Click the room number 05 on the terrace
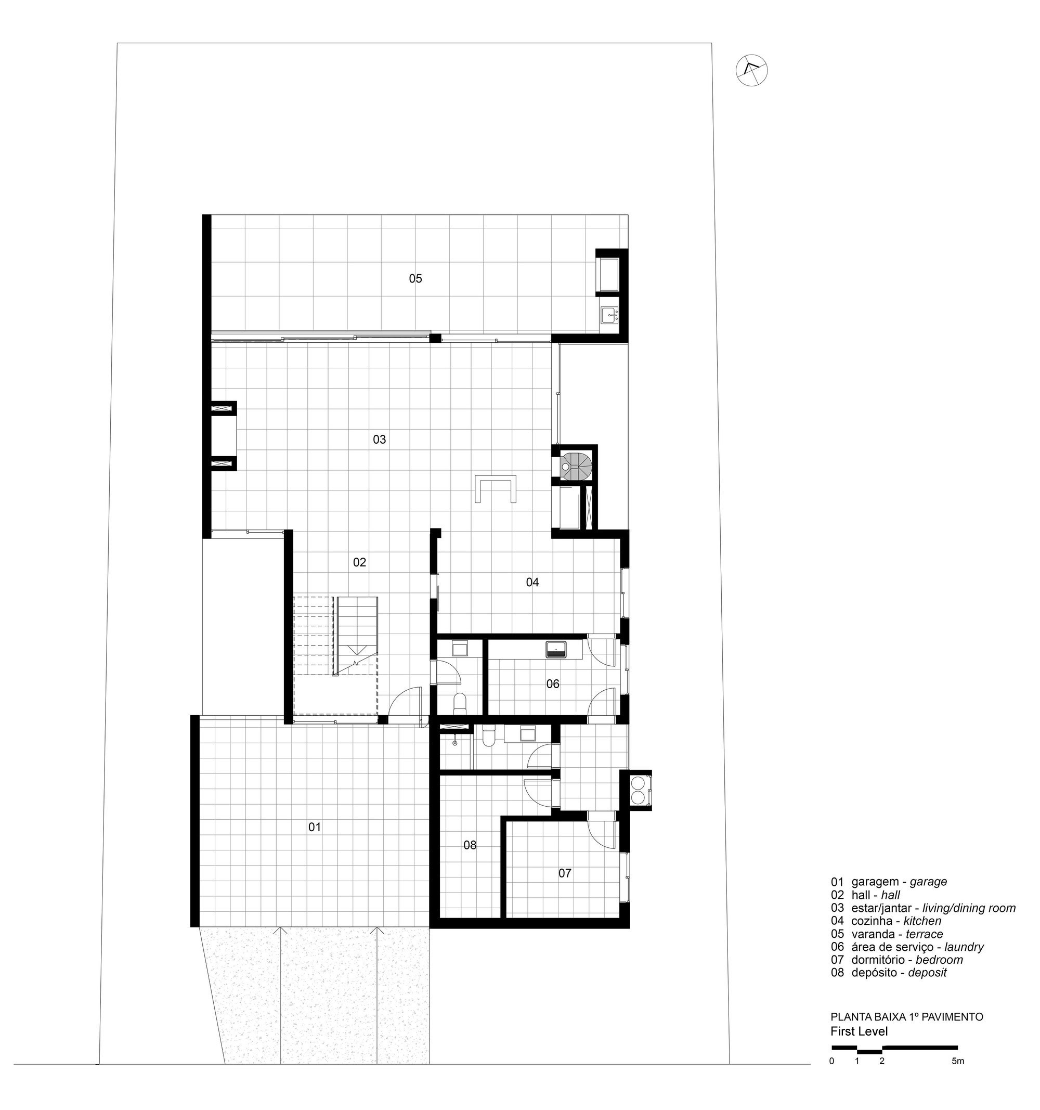point(415,278)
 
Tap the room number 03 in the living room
point(379,440)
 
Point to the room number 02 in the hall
point(359,562)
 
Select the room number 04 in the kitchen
point(532,582)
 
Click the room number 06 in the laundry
point(552,683)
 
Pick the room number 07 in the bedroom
point(564,873)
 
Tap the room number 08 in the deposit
point(470,845)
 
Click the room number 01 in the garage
point(314,827)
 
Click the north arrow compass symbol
point(751,70)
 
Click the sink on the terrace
point(609,315)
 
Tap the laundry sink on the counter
point(556,648)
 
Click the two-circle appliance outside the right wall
point(636,790)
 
